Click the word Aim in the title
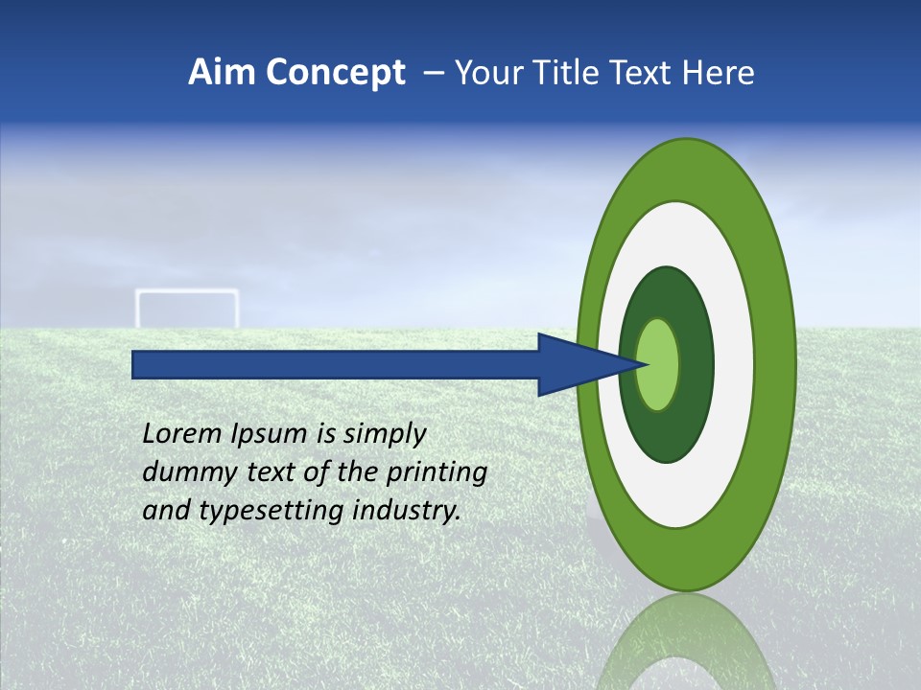[223, 73]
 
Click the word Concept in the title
[337, 73]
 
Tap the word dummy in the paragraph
[183, 472]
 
